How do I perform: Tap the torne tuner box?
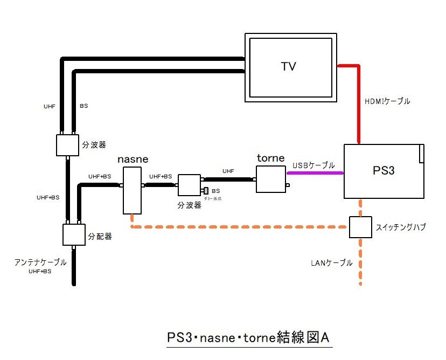[x=270, y=178]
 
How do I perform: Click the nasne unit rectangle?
[x=131, y=190]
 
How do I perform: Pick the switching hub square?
[x=360, y=227]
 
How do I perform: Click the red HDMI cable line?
[x=358, y=102]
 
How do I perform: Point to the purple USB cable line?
[x=315, y=174]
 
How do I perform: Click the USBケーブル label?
[x=313, y=165]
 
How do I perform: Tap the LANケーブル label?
[x=331, y=263]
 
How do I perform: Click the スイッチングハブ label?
[x=401, y=227]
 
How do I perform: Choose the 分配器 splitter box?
[x=74, y=234]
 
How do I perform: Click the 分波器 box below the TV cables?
[x=67, y=144]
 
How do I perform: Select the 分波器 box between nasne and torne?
[x=189, y=184]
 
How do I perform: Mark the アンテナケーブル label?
[x=40, y=262]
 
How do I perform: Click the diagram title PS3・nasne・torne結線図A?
[x=248, y=338]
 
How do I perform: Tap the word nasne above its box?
[x=133, y=160]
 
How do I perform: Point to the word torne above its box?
[x=270, y=159]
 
